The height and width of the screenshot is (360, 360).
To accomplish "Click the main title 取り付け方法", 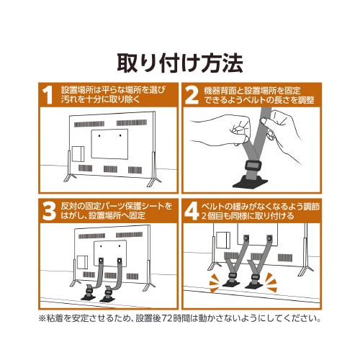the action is [x=180, y=63].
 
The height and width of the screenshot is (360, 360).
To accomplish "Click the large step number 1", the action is [x=48, y=95].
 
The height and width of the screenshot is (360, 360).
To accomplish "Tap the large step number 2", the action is [x=192, y=95].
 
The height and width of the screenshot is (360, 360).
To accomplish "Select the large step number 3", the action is [x=49, y=212].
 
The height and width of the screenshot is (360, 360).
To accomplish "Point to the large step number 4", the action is [x=192, y=212].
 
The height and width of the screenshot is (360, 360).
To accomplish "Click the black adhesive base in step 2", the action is [x=251, y=182].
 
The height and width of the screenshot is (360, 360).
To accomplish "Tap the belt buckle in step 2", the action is [x=253, y=166].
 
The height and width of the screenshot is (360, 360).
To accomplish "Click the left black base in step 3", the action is [x=89, y=294].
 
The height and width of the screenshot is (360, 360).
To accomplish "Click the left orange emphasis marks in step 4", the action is [x=214, y=284].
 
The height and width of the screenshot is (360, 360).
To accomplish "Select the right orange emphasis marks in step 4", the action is [x=271, y=283].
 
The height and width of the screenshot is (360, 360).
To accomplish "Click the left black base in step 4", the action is [x=231, y=283].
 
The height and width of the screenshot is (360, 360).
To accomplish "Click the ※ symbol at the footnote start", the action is [x=42, y=319].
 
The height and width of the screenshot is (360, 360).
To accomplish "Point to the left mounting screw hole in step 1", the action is [x=99, y=136].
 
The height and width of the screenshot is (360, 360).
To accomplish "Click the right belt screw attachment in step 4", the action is [x=269, y=238].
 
